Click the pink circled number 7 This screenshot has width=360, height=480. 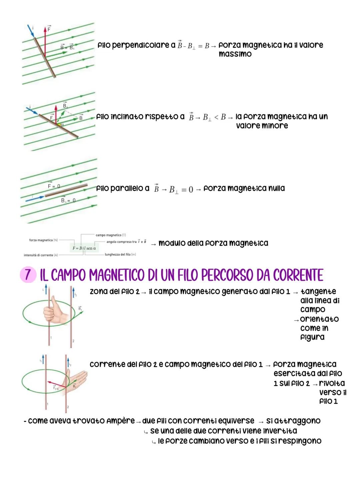click(x=28, y=275)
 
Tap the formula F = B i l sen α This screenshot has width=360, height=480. click(x=84, y=248)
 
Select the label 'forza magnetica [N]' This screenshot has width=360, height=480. click(x=41, y=240)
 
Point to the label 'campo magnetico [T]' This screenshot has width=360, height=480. click(x=111, y=235)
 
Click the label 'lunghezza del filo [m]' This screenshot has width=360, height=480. click(x=120, y=255)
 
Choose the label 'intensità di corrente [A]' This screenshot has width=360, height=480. click(x=41, y=255)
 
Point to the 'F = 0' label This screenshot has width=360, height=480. click(x=54, y=186)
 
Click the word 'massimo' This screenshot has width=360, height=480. click(x=235, y=54)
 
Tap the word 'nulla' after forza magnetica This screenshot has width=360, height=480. click(x=275, y=188)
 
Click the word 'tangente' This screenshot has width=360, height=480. click(x=318, y=292)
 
